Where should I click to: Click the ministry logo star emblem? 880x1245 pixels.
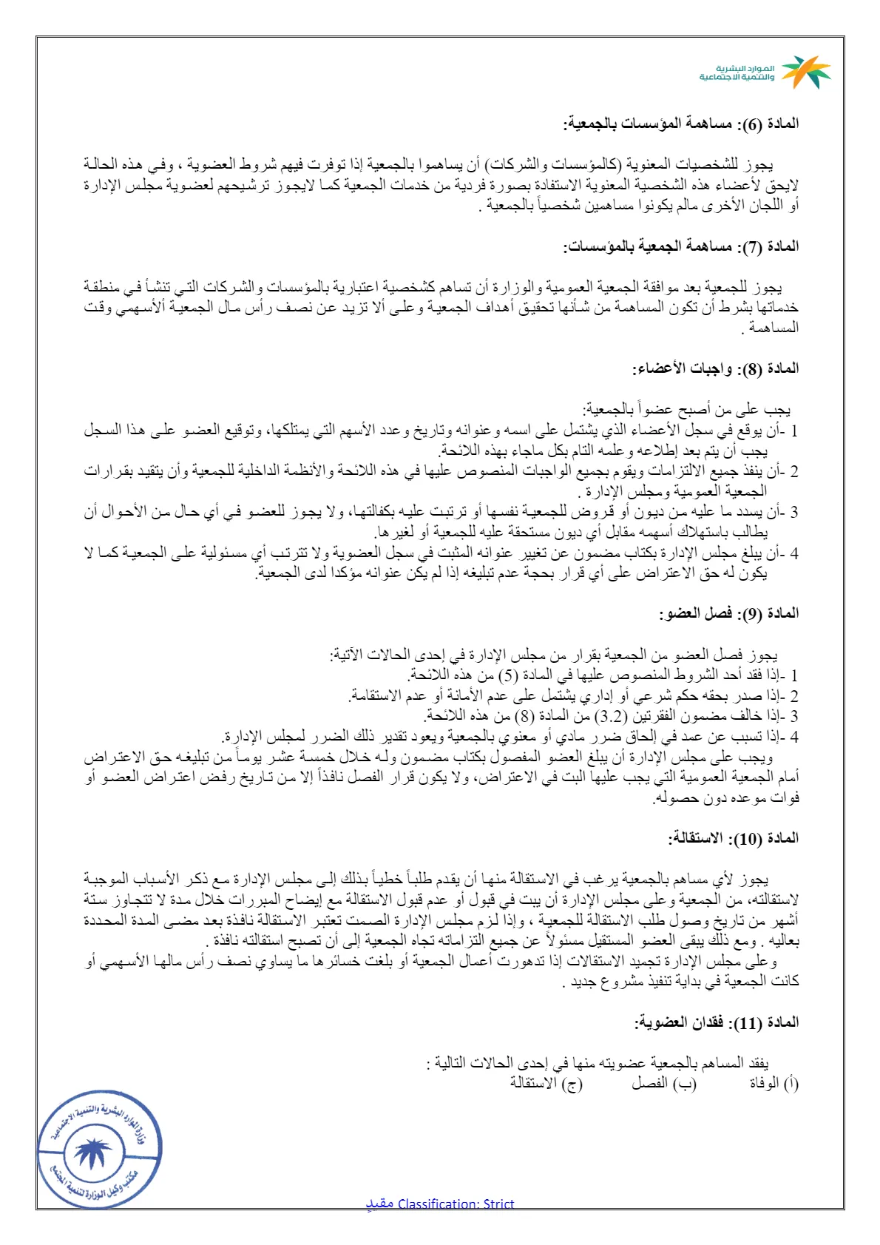point(806,72)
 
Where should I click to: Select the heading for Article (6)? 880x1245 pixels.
point(680,124)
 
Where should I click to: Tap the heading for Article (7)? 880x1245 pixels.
point(680,246)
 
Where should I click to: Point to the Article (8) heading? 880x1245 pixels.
point(715,368)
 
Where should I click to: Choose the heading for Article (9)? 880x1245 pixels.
point(728,613)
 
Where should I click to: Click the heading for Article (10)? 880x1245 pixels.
point(734,838)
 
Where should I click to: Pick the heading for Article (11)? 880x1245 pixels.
point(716,1022)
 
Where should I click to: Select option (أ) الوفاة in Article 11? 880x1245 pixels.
point(774,1084)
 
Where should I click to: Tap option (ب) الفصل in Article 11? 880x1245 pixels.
point(664,1084)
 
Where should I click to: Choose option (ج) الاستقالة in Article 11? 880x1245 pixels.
point(546,1084)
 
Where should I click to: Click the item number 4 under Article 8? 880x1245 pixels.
point(793,553)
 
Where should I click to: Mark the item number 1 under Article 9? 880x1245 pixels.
point(793,675)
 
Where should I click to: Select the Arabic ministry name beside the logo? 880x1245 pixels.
point(737,72)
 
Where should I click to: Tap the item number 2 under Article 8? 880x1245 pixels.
point(793,471)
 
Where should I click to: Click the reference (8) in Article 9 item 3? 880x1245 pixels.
point(524,716)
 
